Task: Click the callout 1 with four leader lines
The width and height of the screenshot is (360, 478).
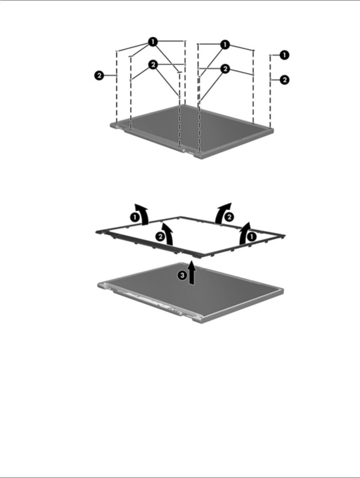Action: click(x=153, y=42)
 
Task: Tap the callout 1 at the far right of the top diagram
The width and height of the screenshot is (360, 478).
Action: click(x=284, y=55)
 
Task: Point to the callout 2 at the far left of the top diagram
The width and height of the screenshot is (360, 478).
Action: click(x=99, y=76)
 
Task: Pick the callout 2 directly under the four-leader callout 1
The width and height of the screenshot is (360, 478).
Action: click(x=153, y=65)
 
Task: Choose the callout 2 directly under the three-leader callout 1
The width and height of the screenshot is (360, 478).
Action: click(x=225, y=69)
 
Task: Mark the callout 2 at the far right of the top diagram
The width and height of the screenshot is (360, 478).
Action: click(x=284, y=80)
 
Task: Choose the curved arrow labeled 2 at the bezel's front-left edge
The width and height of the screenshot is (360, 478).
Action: click(x=169, y=233)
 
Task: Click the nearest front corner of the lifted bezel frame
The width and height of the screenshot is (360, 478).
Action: click(x=199, y=256)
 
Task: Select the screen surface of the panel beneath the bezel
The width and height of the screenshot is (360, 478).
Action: click(x=200, y=287)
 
